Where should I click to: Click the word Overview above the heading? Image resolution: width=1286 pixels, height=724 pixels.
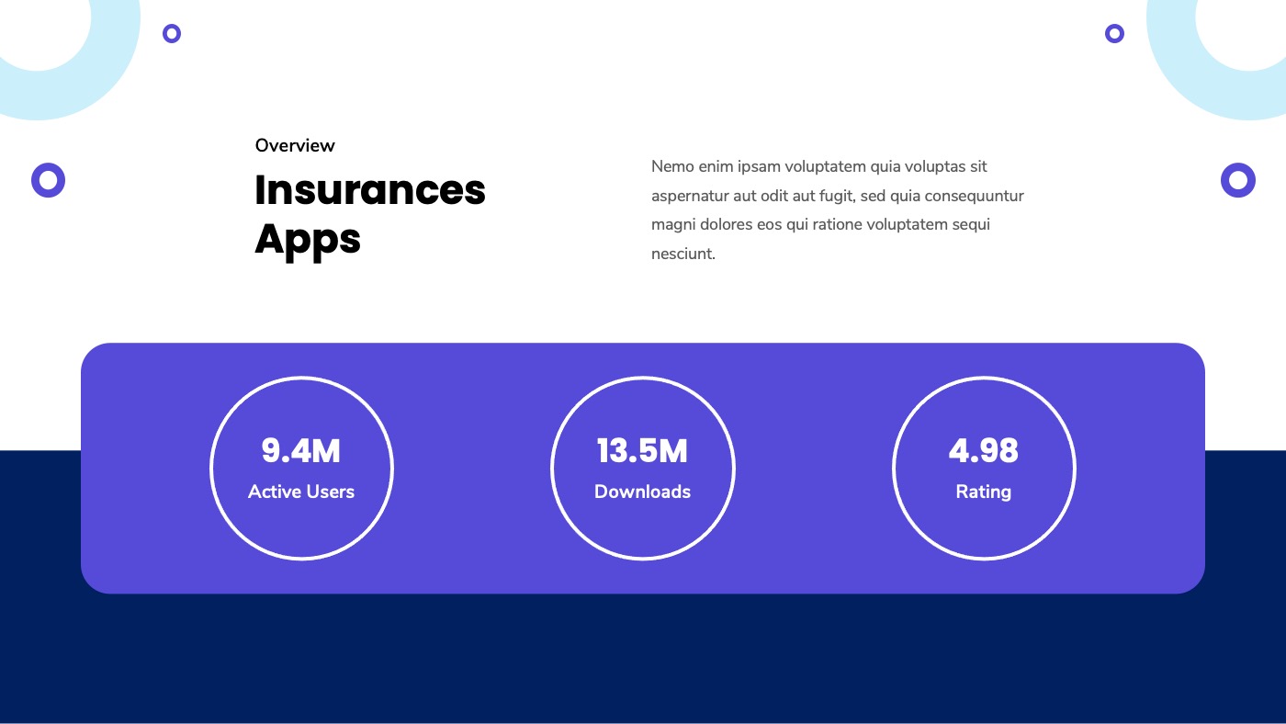tap(295, 145)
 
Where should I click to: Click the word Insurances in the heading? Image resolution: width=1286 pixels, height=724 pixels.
tap(369, 190)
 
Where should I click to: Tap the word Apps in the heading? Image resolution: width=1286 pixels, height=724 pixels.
tap(308, 239)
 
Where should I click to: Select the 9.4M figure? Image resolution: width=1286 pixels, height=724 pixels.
tap(301, 451)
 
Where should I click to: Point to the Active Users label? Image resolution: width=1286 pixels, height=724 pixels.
tap(301, 492)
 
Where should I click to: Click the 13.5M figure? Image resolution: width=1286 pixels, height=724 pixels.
tap(642, 451)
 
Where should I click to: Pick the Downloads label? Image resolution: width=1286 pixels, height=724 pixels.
tap(642, 492)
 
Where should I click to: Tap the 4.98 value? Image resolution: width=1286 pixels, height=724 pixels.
tap(983, 451)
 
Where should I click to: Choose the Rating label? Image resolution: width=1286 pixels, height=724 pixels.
tap(983, 492)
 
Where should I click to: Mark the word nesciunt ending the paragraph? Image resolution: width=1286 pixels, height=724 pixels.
tap(682, 255)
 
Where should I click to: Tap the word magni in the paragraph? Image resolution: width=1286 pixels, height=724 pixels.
tap(671, 225)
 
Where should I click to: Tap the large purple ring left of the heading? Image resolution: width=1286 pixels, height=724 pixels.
tap(48, 179)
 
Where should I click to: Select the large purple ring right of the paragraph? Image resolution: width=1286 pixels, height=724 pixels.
tap(1237, 179)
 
